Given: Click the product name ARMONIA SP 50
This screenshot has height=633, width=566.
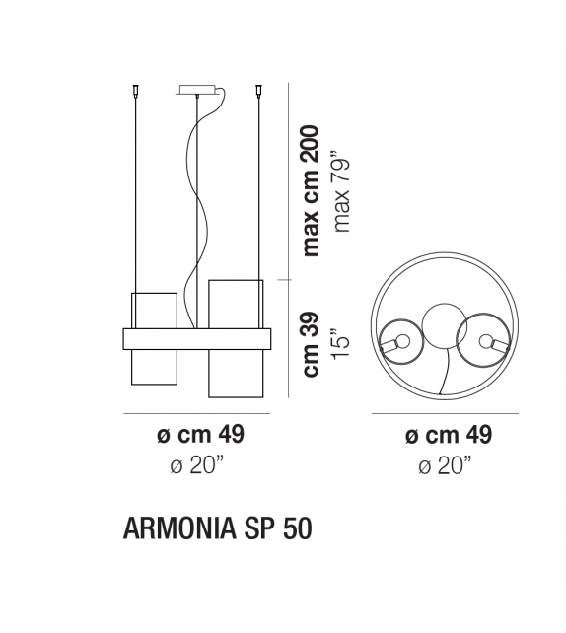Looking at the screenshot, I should point(217,529).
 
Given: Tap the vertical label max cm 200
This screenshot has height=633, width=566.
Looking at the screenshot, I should point(313,189).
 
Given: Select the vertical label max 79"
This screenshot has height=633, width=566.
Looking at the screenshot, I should point(341,191).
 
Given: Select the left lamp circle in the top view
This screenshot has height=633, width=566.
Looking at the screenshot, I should point(398,342).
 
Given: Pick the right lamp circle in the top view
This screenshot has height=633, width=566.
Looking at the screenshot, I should point(486,341).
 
